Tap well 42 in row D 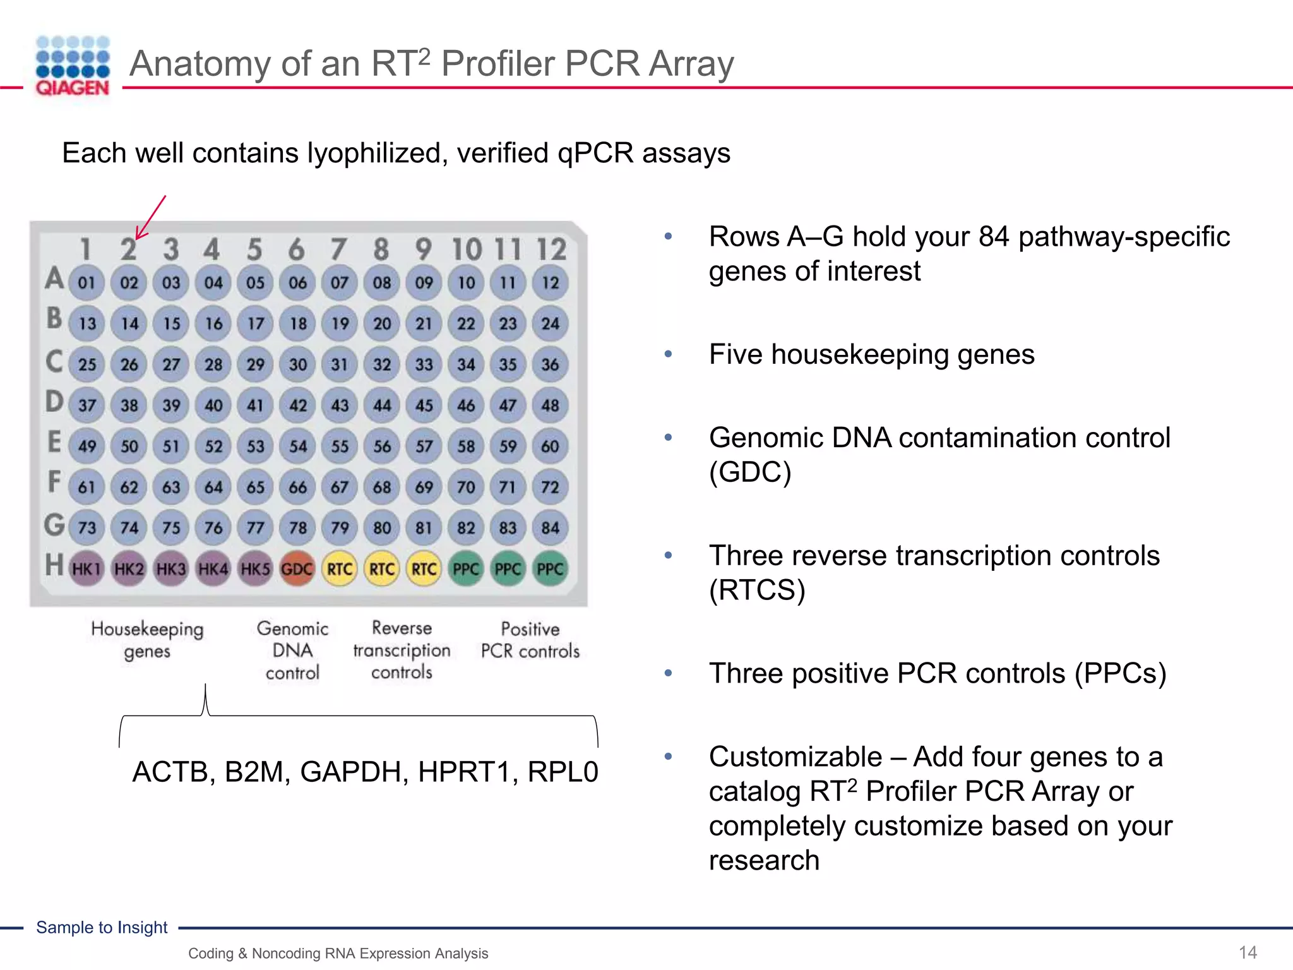(297, 405)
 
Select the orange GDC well (297, 569)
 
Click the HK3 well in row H (171, 569)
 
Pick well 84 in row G (550, 528)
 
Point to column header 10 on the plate (466, 249)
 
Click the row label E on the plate (54, 442)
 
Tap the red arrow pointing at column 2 (150, 217)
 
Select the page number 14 (1248, 952)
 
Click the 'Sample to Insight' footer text (102, 927)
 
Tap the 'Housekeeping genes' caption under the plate (147, 640)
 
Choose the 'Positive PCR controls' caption (530, 640)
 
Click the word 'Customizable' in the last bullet (795, 757)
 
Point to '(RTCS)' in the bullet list (757, 590)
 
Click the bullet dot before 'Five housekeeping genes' (668, 354)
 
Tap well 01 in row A (86, 282)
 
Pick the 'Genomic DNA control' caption (292, 650)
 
